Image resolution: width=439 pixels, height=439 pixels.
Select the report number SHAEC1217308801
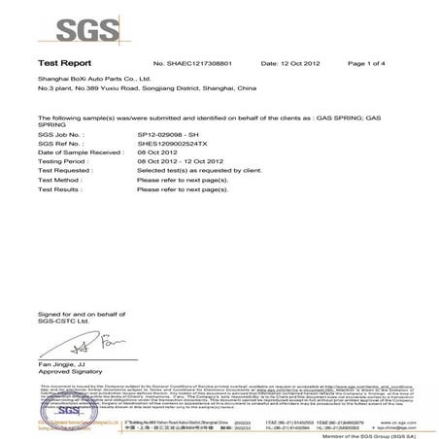point(200,62)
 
